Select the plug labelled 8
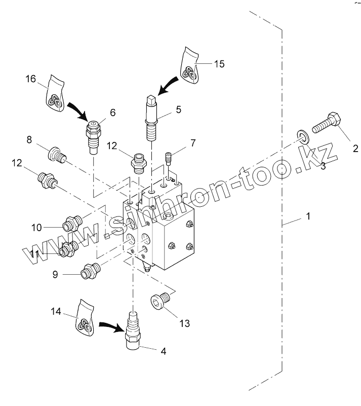[55, 154]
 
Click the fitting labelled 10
[72, 223]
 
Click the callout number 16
[30, 79]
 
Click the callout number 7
[192, 144]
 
